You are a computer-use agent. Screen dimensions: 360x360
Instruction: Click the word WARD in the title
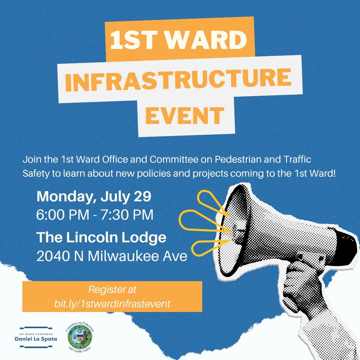pos(207,40)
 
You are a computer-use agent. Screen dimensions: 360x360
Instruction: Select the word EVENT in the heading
pos(185,115)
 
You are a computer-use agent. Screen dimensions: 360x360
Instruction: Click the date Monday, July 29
pos(94,197)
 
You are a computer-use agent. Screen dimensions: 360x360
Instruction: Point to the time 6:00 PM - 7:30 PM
pos(95,215)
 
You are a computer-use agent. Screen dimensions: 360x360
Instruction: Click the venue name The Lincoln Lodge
pos(101,238)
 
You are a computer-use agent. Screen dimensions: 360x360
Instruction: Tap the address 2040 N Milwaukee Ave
pos(112,256)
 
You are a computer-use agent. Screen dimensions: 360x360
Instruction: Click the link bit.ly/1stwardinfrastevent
pos(112,304)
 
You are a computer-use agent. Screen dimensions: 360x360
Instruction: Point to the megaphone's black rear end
pos(347,247)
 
